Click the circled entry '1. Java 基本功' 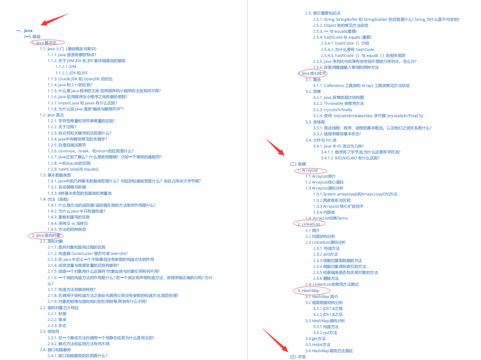point(47,43)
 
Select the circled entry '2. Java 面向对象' point(46,236)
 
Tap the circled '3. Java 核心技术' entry point(313,74)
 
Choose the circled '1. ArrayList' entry point(309,171)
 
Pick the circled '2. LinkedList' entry point(309,224)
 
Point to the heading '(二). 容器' point(298,164)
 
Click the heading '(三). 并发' point(298,357)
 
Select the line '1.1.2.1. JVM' point(66,67)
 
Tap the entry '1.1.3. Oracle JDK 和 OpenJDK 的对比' point(80,79)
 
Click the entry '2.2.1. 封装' point(57,314)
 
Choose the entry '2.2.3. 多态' point(57,326)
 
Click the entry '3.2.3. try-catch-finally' point(332,110)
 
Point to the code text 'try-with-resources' point(353,116)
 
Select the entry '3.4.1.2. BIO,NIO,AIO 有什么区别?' point(350,158)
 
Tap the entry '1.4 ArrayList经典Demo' point(326,218)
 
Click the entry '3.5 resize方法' point(318,345)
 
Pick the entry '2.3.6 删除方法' point(326,278)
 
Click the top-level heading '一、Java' point(25,30)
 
